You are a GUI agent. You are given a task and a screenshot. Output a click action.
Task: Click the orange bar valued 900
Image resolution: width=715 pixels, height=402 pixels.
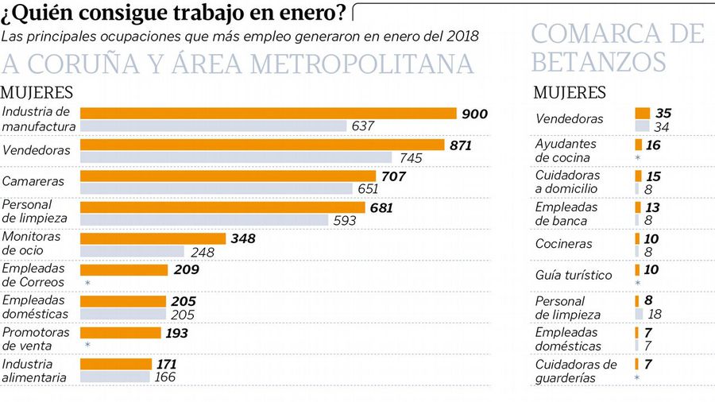tap(269, 114)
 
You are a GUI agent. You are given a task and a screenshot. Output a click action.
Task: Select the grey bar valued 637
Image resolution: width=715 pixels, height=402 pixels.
tap(214, 126)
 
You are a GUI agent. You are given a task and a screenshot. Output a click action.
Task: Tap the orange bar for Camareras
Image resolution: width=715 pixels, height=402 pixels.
tap(228, 176)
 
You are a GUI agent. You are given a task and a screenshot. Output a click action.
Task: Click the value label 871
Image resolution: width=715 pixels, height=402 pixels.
tap(460, 145)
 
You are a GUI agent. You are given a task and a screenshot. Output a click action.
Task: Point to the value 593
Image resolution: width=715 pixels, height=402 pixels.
tap(344, 220)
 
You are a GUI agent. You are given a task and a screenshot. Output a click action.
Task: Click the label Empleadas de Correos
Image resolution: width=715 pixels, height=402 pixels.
tap(34, 276)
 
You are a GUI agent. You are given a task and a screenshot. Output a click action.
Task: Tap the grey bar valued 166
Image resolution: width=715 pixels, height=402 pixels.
tap(115, 377)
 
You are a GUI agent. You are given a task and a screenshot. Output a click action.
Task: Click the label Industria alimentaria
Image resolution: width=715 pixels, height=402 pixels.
tap(34, 370)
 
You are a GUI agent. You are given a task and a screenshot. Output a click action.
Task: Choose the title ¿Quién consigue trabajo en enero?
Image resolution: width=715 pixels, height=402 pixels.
tap(173, 14)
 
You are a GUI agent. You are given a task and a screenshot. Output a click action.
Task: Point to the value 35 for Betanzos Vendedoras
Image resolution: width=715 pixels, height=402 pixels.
tap(663, 113)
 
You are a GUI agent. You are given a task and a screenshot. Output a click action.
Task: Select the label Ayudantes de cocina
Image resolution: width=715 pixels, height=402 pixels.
tap(566, 151)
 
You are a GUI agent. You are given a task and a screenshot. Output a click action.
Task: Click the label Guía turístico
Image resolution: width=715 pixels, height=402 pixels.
tap(574, 275)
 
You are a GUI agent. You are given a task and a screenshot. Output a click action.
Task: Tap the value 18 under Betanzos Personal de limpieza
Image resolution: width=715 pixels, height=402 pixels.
tap(655, 315)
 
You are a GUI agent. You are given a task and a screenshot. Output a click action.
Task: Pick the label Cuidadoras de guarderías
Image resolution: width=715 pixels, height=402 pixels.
tap(576, 371)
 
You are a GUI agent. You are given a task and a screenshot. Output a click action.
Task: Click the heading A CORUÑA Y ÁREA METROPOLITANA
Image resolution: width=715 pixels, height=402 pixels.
tap(238, 64)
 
